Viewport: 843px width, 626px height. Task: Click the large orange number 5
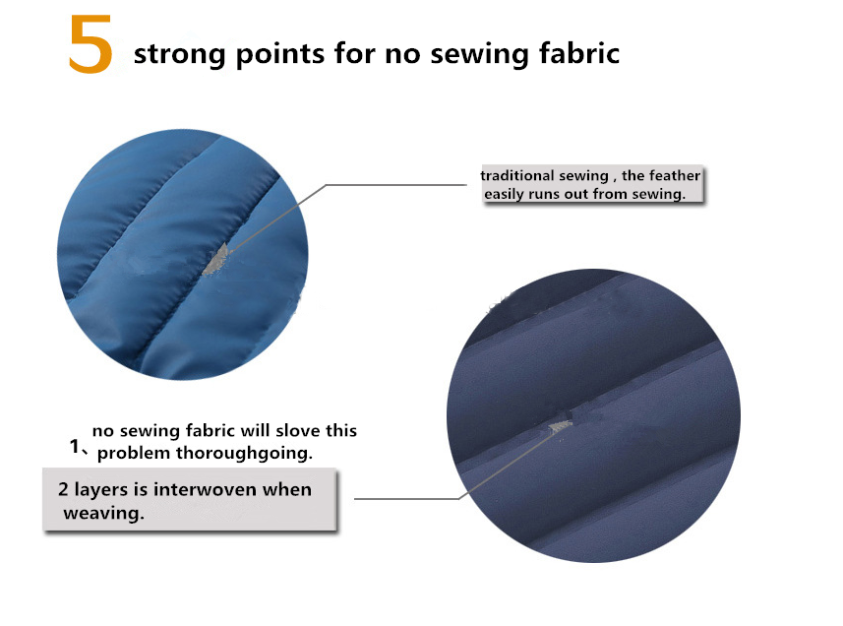pyautogui.click(x=90, y=44)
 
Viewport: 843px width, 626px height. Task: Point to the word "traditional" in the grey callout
pyautogui.click(x=517, y=175)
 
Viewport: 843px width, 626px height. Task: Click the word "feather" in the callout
pyautogui.click(x=674, y=175)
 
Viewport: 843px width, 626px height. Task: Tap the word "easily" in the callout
pyautogui.click(x=504, y=194)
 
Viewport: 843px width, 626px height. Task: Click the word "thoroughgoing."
pyautogui.click(x=244, y=454)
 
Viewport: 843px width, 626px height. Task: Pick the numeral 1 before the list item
pyautogui.click(x=75, y=446)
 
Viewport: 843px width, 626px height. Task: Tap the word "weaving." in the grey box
pyautogui.click(x=103, y=513)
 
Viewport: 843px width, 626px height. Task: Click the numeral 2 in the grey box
pyautogui.click(x=63, y=489)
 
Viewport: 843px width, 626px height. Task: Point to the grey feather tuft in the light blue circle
pyautogui.click(x=216, y=259)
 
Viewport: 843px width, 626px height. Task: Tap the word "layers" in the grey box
pyautogui.click(x=101, y=490)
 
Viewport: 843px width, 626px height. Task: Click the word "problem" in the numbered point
pyautogui.click(x=134, y=454)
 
